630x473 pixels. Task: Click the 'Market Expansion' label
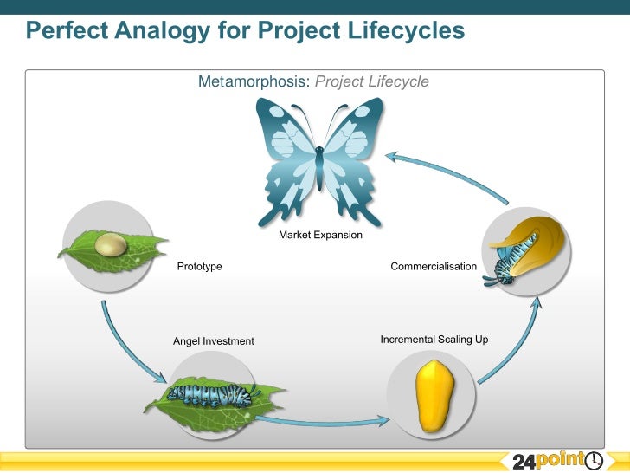coord(320,236)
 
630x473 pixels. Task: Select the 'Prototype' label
coord(199,267)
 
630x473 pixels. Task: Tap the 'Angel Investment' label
coord(214,341)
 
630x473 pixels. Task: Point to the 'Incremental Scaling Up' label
coord(434,340)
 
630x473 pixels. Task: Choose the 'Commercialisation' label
coord(434,267)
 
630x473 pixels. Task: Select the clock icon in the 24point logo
coord(595,461)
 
